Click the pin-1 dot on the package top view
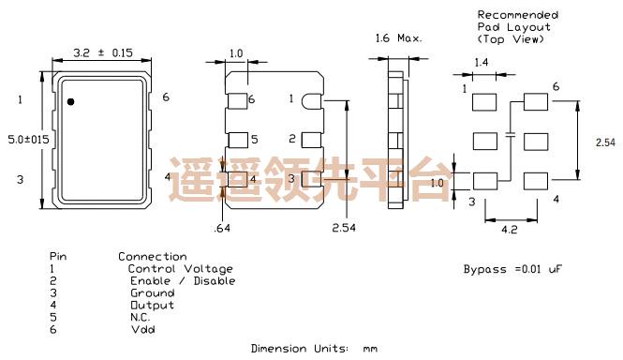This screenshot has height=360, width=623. click(71, 101)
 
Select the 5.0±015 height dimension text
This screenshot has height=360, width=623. click(25, 138)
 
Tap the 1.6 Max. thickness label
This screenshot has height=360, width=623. click(399, 39)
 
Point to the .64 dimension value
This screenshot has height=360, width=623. click(223, 228)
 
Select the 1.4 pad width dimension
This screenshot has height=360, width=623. click(482, 62)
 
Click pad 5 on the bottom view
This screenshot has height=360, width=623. click(238, 140)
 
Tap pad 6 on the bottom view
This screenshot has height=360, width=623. click(238, 99)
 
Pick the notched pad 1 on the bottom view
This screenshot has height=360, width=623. click(309, 99)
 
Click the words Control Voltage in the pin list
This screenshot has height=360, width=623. click(180, 269)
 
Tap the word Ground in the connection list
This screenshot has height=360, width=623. click(152, 292)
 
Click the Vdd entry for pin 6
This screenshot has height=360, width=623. click(142, 329)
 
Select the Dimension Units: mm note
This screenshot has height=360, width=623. click(314, 349)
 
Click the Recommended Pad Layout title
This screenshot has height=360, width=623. click(518, 27)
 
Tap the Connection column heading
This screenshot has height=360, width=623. click(152, 257)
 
